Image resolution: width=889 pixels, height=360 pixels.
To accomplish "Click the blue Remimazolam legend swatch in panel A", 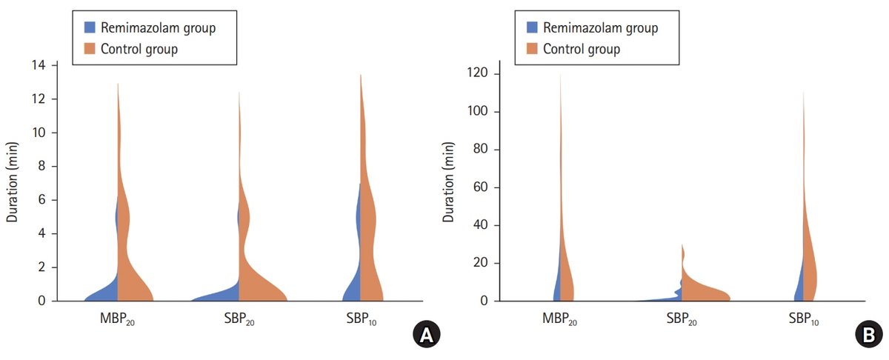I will (x=90, y=27).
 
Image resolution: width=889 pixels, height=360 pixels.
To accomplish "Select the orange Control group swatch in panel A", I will (x=90, y=49).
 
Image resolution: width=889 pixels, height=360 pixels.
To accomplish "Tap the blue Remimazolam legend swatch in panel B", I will (x=531, y=28).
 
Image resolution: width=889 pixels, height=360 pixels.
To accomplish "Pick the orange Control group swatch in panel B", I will (x=531, y=50).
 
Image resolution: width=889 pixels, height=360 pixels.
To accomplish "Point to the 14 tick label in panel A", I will (x=39, y=65).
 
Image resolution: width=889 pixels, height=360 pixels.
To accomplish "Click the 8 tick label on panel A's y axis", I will (x=41, y=167).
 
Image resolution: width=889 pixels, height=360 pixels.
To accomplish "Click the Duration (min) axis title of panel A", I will (x=13, y=181).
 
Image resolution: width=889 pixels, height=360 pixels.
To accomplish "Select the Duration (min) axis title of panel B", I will (x=450, y=181).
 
